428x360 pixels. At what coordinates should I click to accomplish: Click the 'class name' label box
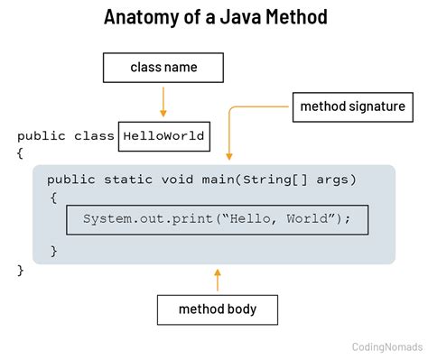[163, 68]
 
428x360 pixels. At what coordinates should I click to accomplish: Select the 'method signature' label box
[352, 107]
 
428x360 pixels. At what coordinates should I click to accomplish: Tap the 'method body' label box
[217, 309]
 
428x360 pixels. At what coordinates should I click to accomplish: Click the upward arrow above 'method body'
[217, 278]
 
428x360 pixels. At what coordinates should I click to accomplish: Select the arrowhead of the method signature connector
[229, 152]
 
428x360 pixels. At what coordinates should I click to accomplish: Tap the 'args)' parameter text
[336, 180]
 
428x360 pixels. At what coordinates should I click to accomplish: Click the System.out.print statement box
[217, 219]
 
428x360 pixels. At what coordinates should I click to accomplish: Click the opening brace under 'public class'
[19, 154]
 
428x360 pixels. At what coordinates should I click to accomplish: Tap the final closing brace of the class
[19, 270]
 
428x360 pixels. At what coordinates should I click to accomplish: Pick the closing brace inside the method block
[53, 249]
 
